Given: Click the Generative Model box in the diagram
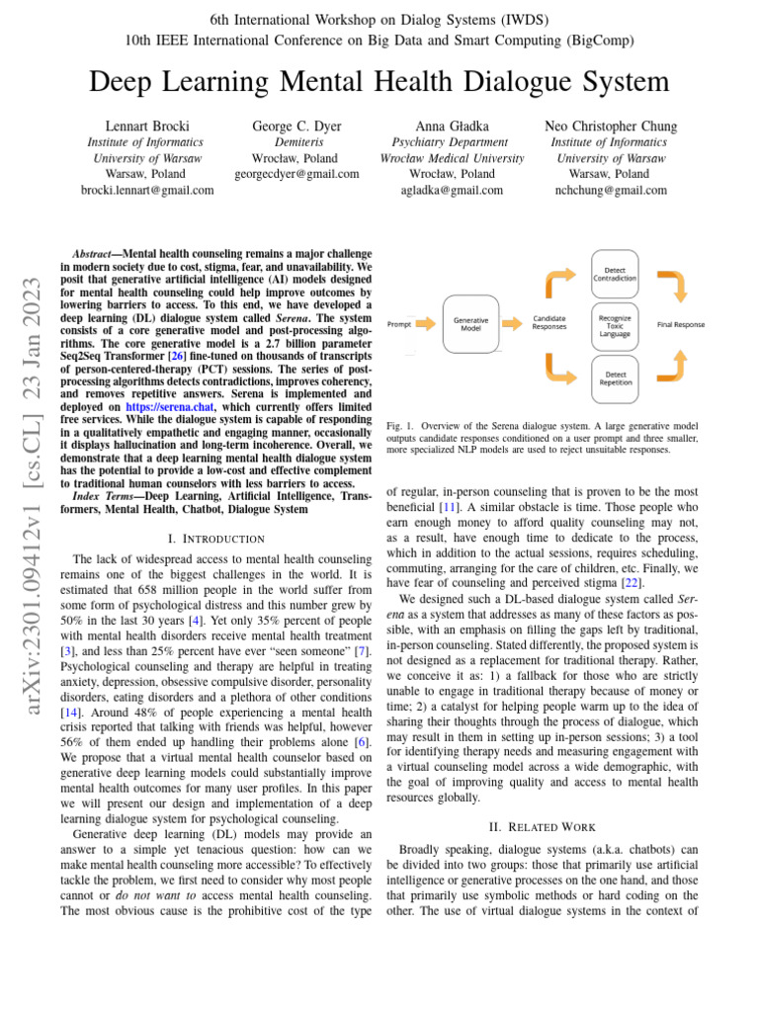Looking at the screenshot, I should pyautogui.click(x=470, y=323).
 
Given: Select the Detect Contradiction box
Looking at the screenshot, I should pyautogui.click(x=615, y=274).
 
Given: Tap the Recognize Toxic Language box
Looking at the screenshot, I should pyautogui.click(x=615, y=325).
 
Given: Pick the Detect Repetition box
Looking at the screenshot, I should pyautogui.click(x=615, y=379).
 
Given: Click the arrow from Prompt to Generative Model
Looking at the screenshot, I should pyautogui.click(x=423, y=323).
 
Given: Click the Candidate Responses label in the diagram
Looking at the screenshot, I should pyautogui.click(x=549, y=323).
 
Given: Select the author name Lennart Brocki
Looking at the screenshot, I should pyautogui.click(x=147, y=126).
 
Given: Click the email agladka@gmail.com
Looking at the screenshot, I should pyautogui.click(x=429, y=190).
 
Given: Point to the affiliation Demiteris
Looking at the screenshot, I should pyautogui.click(x=296, y=142).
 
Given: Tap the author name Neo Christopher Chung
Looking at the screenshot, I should pyautogui.click(x=611, y=126).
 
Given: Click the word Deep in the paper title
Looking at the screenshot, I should pyautogui.click(x=132, y=81).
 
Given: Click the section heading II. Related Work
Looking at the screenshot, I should pyautogui.click(x=542, y=826).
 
